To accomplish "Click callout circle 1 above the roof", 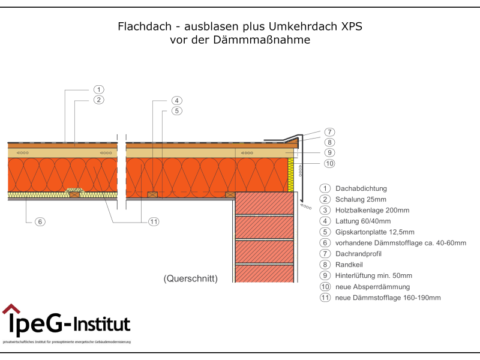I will [99, 89].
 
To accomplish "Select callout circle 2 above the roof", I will [99, 100].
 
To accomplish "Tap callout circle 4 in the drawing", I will [176, 100].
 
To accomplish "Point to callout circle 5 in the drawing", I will [176, 110].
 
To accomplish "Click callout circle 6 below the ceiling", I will [40, 221].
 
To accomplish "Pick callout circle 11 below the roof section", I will [154, 221].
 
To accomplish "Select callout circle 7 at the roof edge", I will [329, 132].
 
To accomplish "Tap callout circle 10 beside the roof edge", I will [329, 163].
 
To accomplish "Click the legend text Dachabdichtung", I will [361, 188].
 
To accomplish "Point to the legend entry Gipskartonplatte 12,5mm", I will [375, 232].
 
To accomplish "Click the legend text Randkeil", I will [350, 265].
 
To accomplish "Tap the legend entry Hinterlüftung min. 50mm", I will [374, 276].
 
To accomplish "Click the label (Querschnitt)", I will [190, 278].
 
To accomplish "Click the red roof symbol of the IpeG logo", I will [11, 309].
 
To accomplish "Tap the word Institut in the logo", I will [102, 325].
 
